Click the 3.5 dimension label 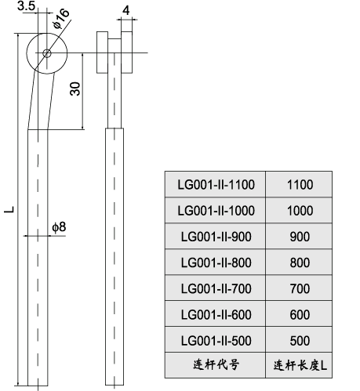tap(26, 7)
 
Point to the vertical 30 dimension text tap(75, 88)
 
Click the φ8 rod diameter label tap(59, 226)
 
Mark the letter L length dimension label tap(8, 209)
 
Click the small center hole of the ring tap(47, 53)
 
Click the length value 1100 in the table tap(300, 185)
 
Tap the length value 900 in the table tap(300, 237)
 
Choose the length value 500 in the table tap(300, 340)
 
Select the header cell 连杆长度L tap(300, 365)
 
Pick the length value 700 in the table tap(300, 288)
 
